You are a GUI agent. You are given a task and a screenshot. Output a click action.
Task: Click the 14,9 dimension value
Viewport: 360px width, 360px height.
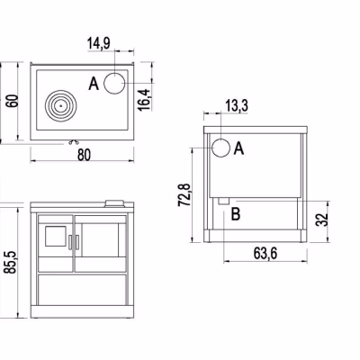click(x=99, y=43)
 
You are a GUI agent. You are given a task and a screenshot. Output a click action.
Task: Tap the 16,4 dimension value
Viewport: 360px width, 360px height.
click(x=144, y=100)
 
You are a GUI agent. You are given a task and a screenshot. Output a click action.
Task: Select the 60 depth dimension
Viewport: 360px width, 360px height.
click(x=13, y=101)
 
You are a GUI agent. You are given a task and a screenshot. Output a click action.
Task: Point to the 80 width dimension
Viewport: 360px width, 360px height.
click(x=84, y=155)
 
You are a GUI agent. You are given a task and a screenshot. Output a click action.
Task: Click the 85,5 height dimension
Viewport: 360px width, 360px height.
click(x=11, y=262)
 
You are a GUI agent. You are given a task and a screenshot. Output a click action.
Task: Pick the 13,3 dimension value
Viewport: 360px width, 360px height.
click(x=237, y=106)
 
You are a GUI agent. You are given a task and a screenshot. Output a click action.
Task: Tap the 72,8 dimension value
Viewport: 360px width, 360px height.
click(x=184, y=195)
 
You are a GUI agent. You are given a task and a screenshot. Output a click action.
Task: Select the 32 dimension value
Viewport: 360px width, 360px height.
click(x=321, y=220)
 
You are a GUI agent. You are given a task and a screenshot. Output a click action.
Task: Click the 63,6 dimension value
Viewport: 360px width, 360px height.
click(x=265, y=254)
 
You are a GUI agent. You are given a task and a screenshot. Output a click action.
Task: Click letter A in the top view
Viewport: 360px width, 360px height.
click(x=94, y=84)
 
